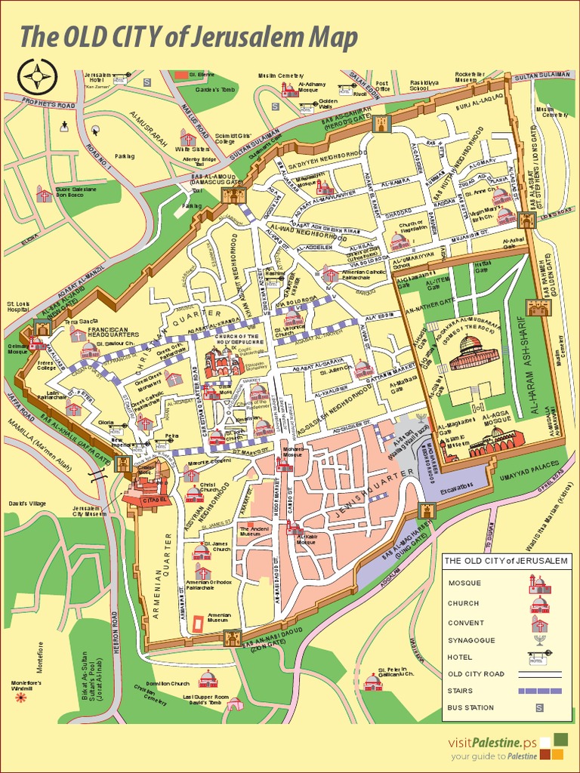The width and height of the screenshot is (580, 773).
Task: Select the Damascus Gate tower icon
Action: point(232,196)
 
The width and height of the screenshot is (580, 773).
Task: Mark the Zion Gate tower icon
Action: point(233,638)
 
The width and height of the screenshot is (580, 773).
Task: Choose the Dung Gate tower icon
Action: point(427,512)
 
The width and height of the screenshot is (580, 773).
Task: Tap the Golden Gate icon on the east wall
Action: point(538,307)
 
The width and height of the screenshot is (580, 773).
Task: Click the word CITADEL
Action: point(147,499)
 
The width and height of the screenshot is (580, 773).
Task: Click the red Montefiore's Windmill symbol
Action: point(20,698)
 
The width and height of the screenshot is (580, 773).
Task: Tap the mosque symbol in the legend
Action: point(539,584)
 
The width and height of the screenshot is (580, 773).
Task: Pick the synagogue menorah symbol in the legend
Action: point(539,640)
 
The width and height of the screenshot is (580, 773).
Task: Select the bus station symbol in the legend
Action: point(539,708)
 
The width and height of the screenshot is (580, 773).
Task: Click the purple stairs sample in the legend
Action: point(539,691)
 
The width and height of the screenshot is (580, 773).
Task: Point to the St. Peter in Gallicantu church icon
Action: point(372,682)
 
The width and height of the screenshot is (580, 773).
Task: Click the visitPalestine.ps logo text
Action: point(495,742)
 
